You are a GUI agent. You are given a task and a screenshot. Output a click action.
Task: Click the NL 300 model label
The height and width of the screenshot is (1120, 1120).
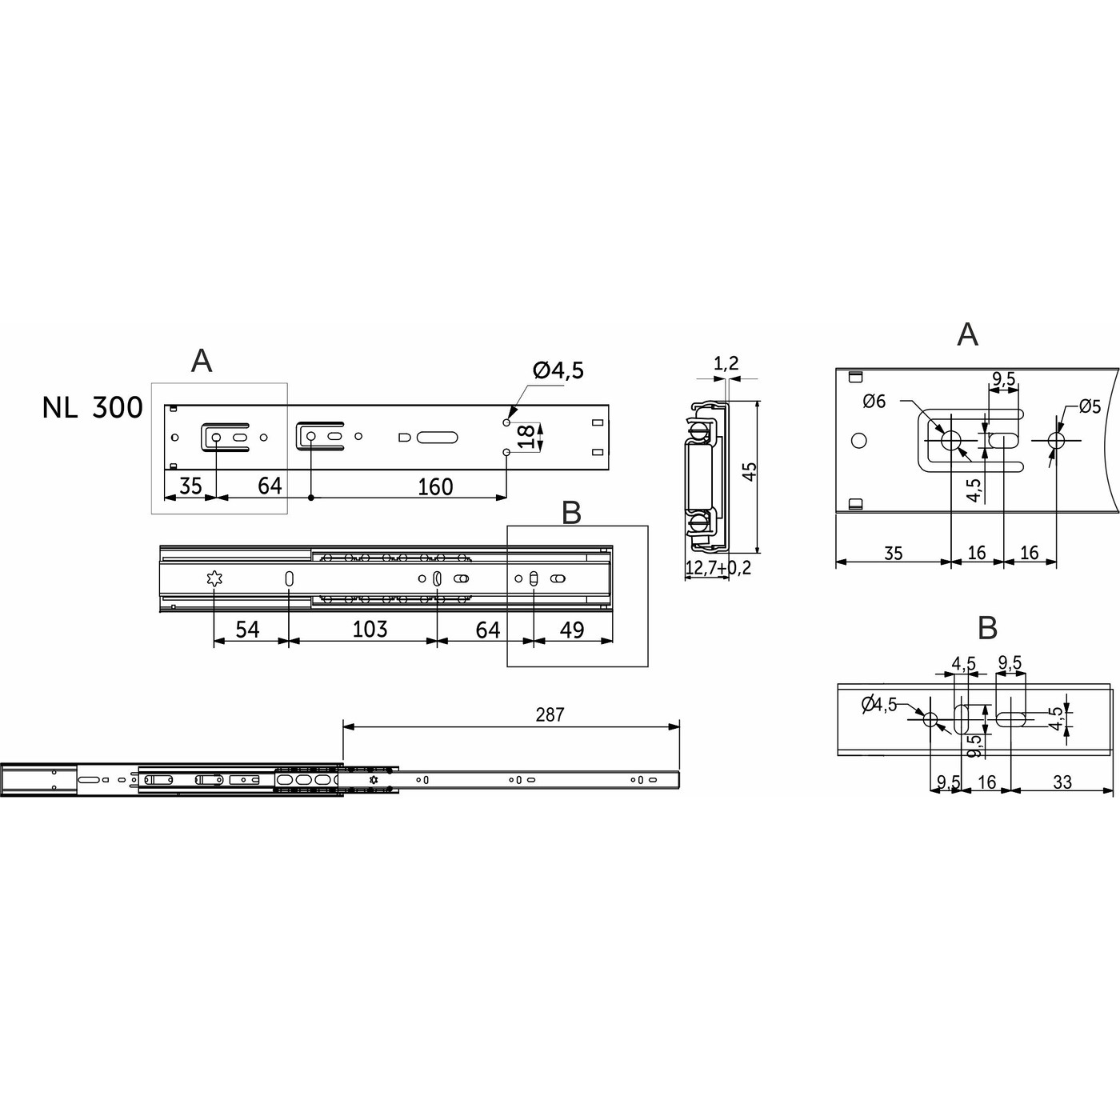(x=93, y=408)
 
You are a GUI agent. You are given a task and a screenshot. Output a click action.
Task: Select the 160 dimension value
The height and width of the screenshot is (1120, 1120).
(x=435, y=486)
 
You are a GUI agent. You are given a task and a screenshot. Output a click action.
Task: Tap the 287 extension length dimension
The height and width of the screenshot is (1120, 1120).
(x=550, y=714)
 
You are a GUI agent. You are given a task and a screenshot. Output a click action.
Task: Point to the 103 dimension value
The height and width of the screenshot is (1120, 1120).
(x=370, y=629)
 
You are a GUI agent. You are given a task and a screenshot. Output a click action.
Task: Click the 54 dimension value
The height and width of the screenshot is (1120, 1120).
(x=247, y=630)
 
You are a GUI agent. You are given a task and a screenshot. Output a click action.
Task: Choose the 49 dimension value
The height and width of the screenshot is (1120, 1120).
(x=571, y=630)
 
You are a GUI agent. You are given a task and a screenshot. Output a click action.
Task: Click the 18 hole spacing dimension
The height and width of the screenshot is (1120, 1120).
(x=526, y=437)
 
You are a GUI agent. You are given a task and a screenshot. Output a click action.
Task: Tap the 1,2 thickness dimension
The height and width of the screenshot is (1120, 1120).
(x=725, y=365)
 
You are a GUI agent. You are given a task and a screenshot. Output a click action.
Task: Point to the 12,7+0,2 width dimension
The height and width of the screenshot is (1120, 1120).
(x=718, y=569)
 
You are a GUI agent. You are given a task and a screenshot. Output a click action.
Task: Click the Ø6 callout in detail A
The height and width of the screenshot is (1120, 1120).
(x=874, y=402)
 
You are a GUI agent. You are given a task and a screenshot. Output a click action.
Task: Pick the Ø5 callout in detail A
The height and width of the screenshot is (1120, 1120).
(x=1090, y=406)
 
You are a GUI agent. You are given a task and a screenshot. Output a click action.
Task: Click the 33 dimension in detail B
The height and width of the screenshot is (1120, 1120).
(x=1062, y=782)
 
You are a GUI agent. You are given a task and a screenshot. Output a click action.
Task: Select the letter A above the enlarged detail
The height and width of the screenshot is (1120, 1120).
(x=967, y=334)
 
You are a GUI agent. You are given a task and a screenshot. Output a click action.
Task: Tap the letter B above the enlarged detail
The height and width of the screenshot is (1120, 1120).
(x=988, y=628)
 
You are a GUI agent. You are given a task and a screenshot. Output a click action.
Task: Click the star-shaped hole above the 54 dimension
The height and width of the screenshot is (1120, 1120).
(x=214, y=579)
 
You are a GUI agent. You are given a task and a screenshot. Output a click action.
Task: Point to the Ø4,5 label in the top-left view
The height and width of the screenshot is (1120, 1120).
(x=558, y=371)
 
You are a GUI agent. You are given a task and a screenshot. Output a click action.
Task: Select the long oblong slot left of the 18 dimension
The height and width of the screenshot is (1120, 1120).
(x=436, y=437)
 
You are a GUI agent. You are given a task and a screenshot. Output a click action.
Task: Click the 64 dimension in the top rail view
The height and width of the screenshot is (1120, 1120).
(x=270, y=486)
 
